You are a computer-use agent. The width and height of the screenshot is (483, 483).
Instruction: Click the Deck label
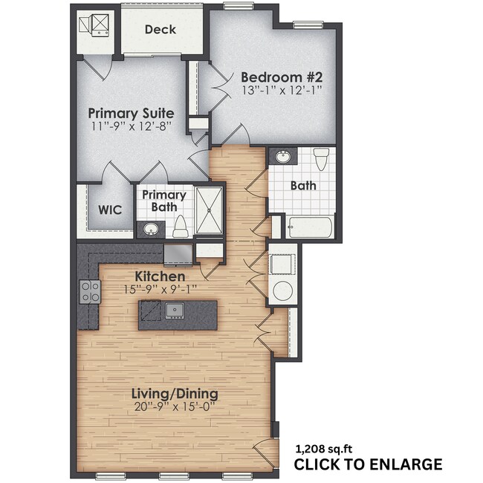click(x=160, y=30)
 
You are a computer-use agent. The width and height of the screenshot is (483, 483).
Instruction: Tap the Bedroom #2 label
click(x=281, y=77)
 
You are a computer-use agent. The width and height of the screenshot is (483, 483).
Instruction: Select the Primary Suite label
click(x=131, y=113)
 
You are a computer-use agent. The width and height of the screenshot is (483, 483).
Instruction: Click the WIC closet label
click(x=110, y=209)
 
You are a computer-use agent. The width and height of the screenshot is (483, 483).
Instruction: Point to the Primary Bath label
click(x=164, y=201)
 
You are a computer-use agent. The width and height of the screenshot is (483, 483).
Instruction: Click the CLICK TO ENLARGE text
click(x=368, y=465)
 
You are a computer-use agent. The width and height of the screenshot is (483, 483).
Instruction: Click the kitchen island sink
click(x=175, y=310)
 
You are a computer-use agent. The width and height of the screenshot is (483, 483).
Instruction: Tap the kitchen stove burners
click(x=89, y=292)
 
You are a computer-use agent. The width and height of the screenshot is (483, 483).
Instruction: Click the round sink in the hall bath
click(x=283, y=158)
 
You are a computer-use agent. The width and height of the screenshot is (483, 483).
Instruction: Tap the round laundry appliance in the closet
click(x=283, y=291)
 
